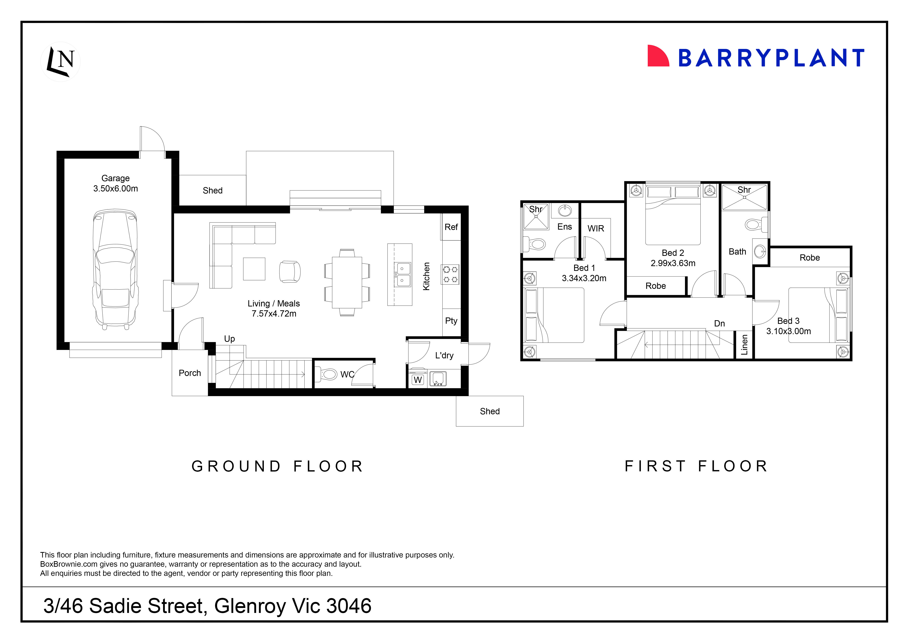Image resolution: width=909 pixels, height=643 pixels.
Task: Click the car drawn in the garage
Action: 115,269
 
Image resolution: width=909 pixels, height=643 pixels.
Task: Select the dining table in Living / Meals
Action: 347,282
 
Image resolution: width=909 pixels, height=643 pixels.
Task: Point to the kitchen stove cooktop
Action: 450,274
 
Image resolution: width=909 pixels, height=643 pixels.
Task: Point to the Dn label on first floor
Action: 719,324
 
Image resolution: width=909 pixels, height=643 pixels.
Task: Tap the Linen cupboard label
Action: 744,344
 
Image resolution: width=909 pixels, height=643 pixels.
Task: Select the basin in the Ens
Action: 565,211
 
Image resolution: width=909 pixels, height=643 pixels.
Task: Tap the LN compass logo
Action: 61,61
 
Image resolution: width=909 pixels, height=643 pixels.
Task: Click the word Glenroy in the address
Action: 250,606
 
